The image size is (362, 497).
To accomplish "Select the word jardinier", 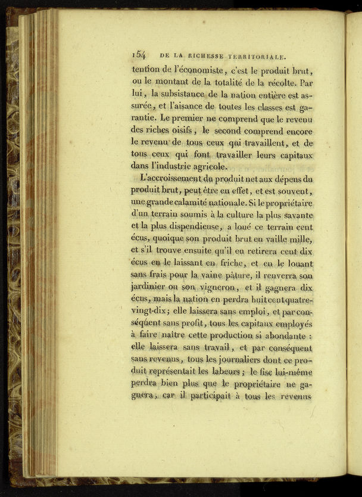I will [x=149, y=288].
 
